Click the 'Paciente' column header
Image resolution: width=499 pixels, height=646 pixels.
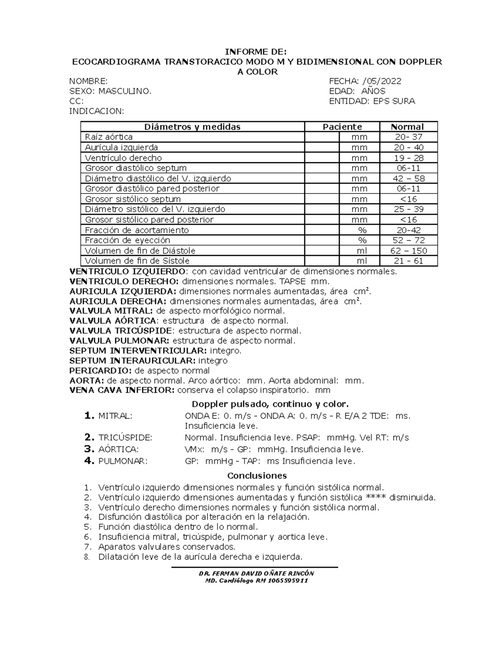click(x=342, y=127)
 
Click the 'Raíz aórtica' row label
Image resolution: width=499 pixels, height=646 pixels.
click(x=109, y=137)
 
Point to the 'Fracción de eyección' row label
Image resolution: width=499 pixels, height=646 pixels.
click(x=128, y=240)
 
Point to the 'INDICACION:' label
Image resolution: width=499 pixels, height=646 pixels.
click(x=96, y=111)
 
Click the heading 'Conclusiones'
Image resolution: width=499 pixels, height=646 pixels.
click(x=257, y=475)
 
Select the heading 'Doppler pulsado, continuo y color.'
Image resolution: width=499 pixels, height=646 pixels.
click(x=269, y=404)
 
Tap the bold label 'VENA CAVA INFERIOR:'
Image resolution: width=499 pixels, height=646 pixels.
click(x=122, y=391)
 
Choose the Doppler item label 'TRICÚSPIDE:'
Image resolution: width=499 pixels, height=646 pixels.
click(x=125, y=438)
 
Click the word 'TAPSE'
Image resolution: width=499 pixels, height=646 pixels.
click(x=291, y=281)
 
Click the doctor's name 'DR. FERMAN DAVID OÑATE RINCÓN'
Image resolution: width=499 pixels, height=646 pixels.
click(x=256, y=573)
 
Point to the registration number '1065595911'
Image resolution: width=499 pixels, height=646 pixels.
click(x=288, y=581)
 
